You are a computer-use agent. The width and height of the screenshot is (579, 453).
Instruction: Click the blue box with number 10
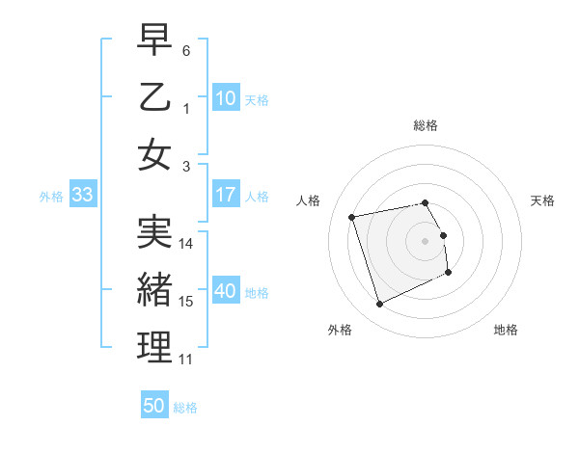point(226,97)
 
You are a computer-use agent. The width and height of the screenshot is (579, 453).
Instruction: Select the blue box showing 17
point(226,195)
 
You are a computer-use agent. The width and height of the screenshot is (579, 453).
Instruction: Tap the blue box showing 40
point(226,291)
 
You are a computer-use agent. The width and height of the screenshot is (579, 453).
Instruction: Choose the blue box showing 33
point(82,195)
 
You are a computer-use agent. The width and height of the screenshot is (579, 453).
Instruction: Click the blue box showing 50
point(154,406)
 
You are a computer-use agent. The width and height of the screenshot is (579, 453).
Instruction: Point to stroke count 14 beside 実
point(187,244)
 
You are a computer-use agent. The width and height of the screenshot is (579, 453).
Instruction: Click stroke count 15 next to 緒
point(187,302)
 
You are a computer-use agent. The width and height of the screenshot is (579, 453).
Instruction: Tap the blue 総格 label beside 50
point(185,408)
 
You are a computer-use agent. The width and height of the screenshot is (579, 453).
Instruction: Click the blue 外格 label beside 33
point(51,197)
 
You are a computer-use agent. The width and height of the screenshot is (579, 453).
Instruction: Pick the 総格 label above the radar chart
point(426,125)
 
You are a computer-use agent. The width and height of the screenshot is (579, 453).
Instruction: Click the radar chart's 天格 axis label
point(543,200)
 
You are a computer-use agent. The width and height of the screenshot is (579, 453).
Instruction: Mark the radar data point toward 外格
point(379,305)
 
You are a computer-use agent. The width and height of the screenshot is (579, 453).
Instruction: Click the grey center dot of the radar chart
point(426,240)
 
